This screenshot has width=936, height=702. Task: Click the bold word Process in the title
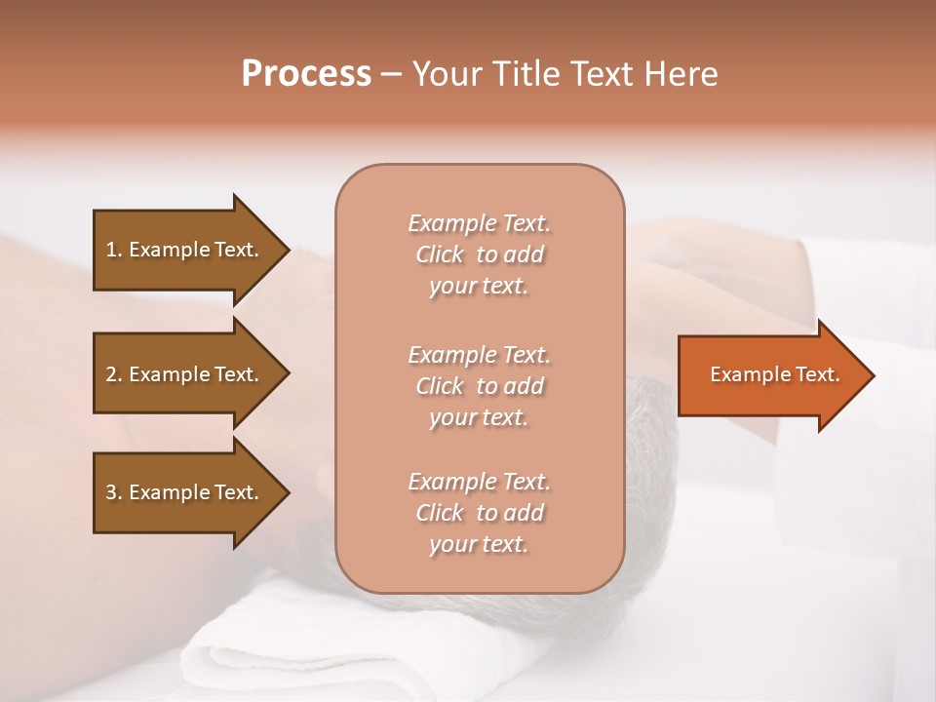(x=306, y=74)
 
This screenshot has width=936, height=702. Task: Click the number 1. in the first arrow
(x=114, y=250)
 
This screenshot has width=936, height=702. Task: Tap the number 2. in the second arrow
(x=114, y=374)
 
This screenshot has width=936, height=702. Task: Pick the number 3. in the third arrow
(x=114, y=492)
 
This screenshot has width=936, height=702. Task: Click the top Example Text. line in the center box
(x=479, y=223)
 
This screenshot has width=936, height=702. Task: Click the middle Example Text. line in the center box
(x=479, y=354)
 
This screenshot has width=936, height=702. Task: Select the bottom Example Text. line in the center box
(x=479, y=482)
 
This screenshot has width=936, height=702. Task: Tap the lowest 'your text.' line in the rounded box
(x=479, y=544)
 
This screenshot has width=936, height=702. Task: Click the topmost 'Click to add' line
(x=479, y=254)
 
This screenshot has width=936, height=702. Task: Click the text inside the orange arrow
(x=774, y=374)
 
